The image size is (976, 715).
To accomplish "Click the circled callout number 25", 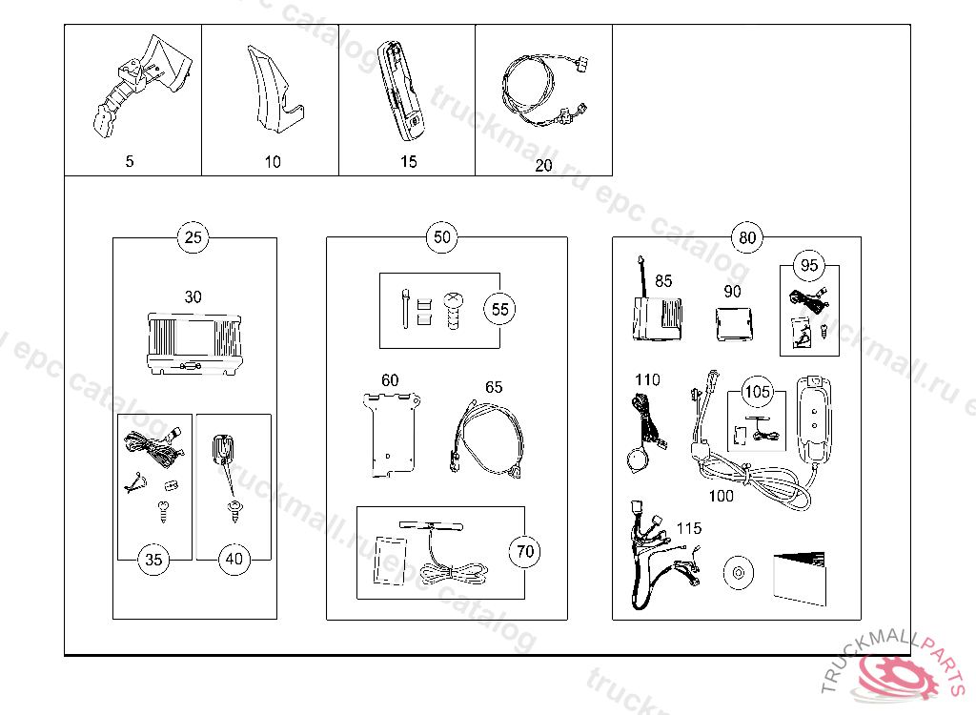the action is (193, 237).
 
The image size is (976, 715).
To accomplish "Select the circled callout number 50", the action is (442, 237).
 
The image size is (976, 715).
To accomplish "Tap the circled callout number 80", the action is (747, 237).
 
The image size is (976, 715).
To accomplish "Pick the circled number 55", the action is (499, 309).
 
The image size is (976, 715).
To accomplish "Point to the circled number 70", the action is (524, 550).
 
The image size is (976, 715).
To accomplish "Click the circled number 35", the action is (153, 560).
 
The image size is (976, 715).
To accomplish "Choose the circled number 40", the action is (234, 560).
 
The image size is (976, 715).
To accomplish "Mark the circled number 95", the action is (809, 265).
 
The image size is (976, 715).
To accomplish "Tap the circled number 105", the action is (758, 392).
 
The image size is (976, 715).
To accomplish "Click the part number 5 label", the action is (130, 161).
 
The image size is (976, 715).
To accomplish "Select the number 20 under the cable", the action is (543, 165).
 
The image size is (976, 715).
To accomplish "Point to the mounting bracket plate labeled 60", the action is (393, 434).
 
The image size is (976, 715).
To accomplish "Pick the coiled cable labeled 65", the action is (485, 438).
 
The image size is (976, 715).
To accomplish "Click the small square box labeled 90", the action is (733, 321).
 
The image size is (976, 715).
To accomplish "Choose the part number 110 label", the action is (647, 379).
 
